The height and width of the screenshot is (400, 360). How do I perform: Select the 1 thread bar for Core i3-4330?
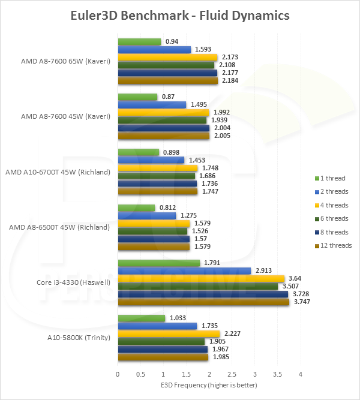158,263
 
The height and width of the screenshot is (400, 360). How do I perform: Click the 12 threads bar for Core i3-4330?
203,302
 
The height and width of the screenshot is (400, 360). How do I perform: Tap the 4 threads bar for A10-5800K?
169,334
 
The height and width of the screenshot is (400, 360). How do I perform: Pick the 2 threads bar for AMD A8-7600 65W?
154,50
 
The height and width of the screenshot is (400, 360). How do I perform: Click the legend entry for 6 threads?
331,219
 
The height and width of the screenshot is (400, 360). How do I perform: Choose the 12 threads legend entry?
332,245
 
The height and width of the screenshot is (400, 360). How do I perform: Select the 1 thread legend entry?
329,178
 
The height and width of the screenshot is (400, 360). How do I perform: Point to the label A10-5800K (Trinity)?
79,338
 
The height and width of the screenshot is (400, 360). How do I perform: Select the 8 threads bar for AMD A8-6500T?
154,239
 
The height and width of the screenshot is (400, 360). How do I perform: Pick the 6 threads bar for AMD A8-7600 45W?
162,120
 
